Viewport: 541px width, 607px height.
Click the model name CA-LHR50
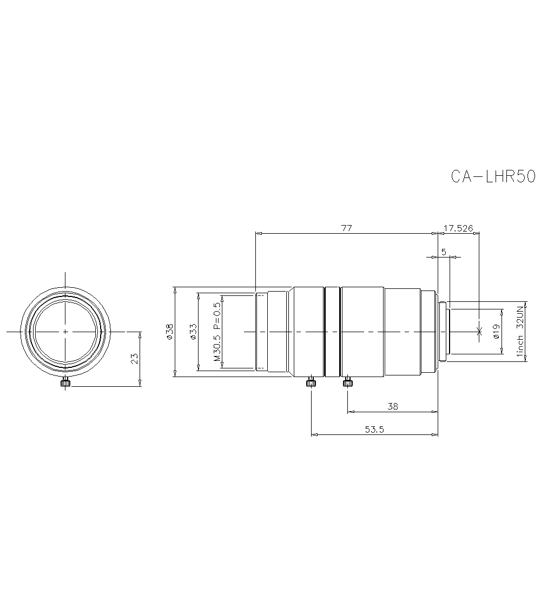pyautogui.click(x=492, y=177)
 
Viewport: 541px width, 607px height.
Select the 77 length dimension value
pyautogui.click(x=346, y=228)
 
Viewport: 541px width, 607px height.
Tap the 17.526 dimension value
pyautogui.click(x=458, y=228)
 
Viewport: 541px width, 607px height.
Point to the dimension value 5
pyautogui.click(x=444, y=252)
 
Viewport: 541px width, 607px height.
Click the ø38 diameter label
pyautogui.click(x=169, y=331)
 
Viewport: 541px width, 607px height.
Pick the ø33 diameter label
pyautogui.click(x=193, y=331)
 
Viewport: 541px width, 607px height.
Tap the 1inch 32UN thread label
pyautogui.click(x=520, y=331)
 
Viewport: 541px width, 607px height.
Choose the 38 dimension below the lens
pyautogui.click(x=393, y=406)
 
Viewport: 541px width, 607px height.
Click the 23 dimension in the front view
pyautogui.click(x=135, y=358)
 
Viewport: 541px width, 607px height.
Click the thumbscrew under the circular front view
pyautogui.click(x=65, y=383)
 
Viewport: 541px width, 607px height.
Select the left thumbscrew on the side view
pyautogui.click(x=311, y=383)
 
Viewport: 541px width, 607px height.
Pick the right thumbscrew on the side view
pyautogui.click(x=347, y=383)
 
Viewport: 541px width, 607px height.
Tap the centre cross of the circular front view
pyautogui.click(x=65, y=331)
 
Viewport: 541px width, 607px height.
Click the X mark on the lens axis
pyautogui.click(x=478, y=331)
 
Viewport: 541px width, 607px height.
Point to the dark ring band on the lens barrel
pyautogui.click(x=332, y=331)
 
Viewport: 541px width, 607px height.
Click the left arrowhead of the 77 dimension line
pyautogui.click(x=259, y=234)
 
